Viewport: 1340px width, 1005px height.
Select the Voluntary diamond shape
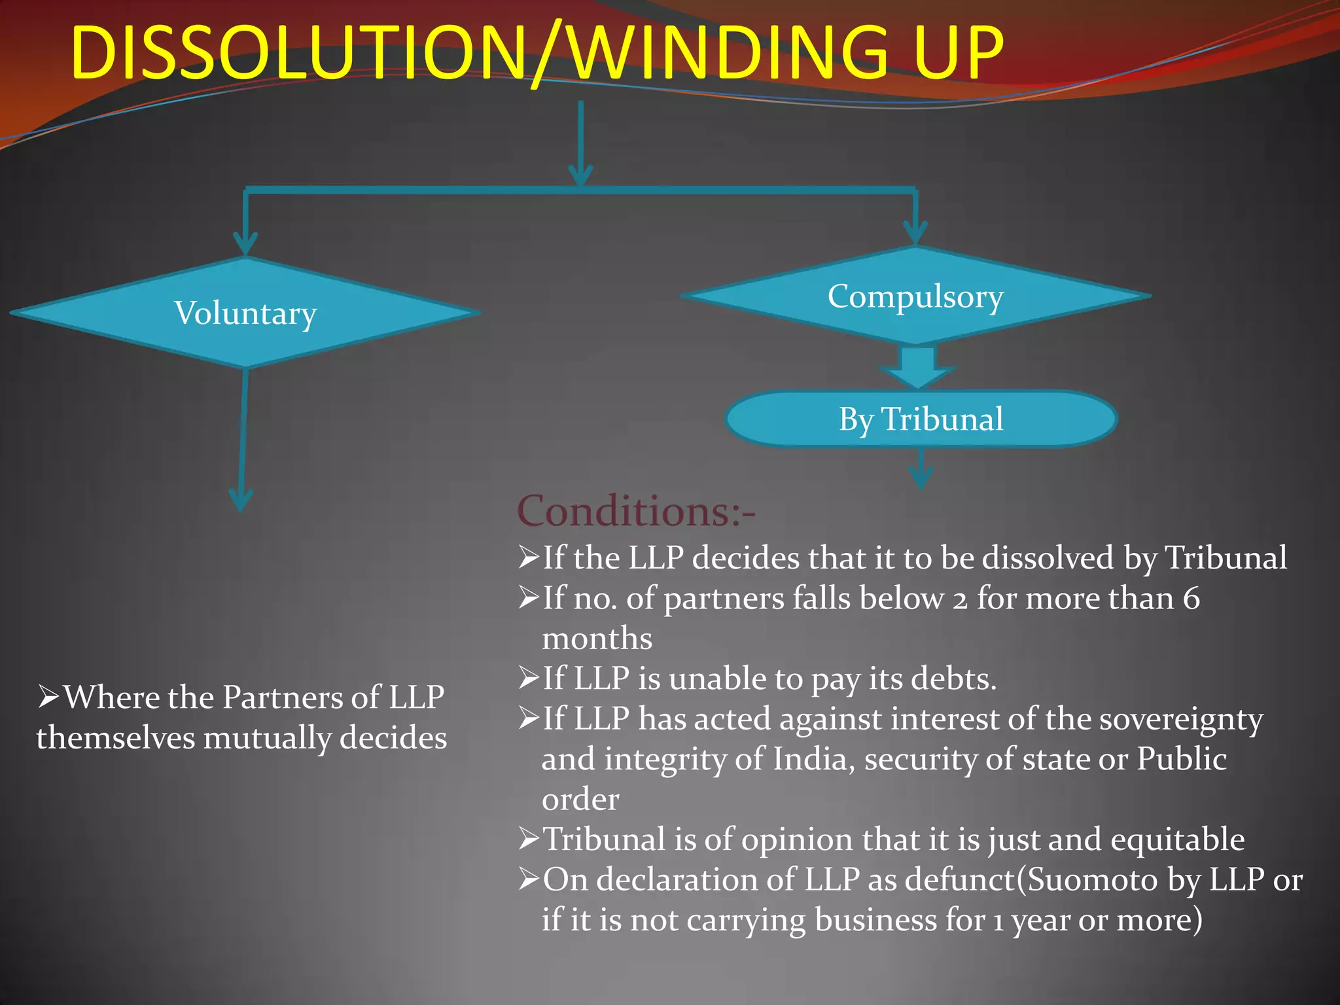[245, 313]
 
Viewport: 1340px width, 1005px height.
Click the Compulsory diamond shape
[915, 296]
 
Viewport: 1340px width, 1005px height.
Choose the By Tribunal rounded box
[921, 419]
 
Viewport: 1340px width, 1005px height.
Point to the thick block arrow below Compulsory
[917, 366]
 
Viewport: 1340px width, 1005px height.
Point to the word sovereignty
[1180, 720]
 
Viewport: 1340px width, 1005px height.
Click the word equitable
[1177, 839]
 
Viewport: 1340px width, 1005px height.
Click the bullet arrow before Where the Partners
[48, 697]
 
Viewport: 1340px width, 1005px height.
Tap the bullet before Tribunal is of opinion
[529, 839]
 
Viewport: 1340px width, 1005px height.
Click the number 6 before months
[1191, 599]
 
